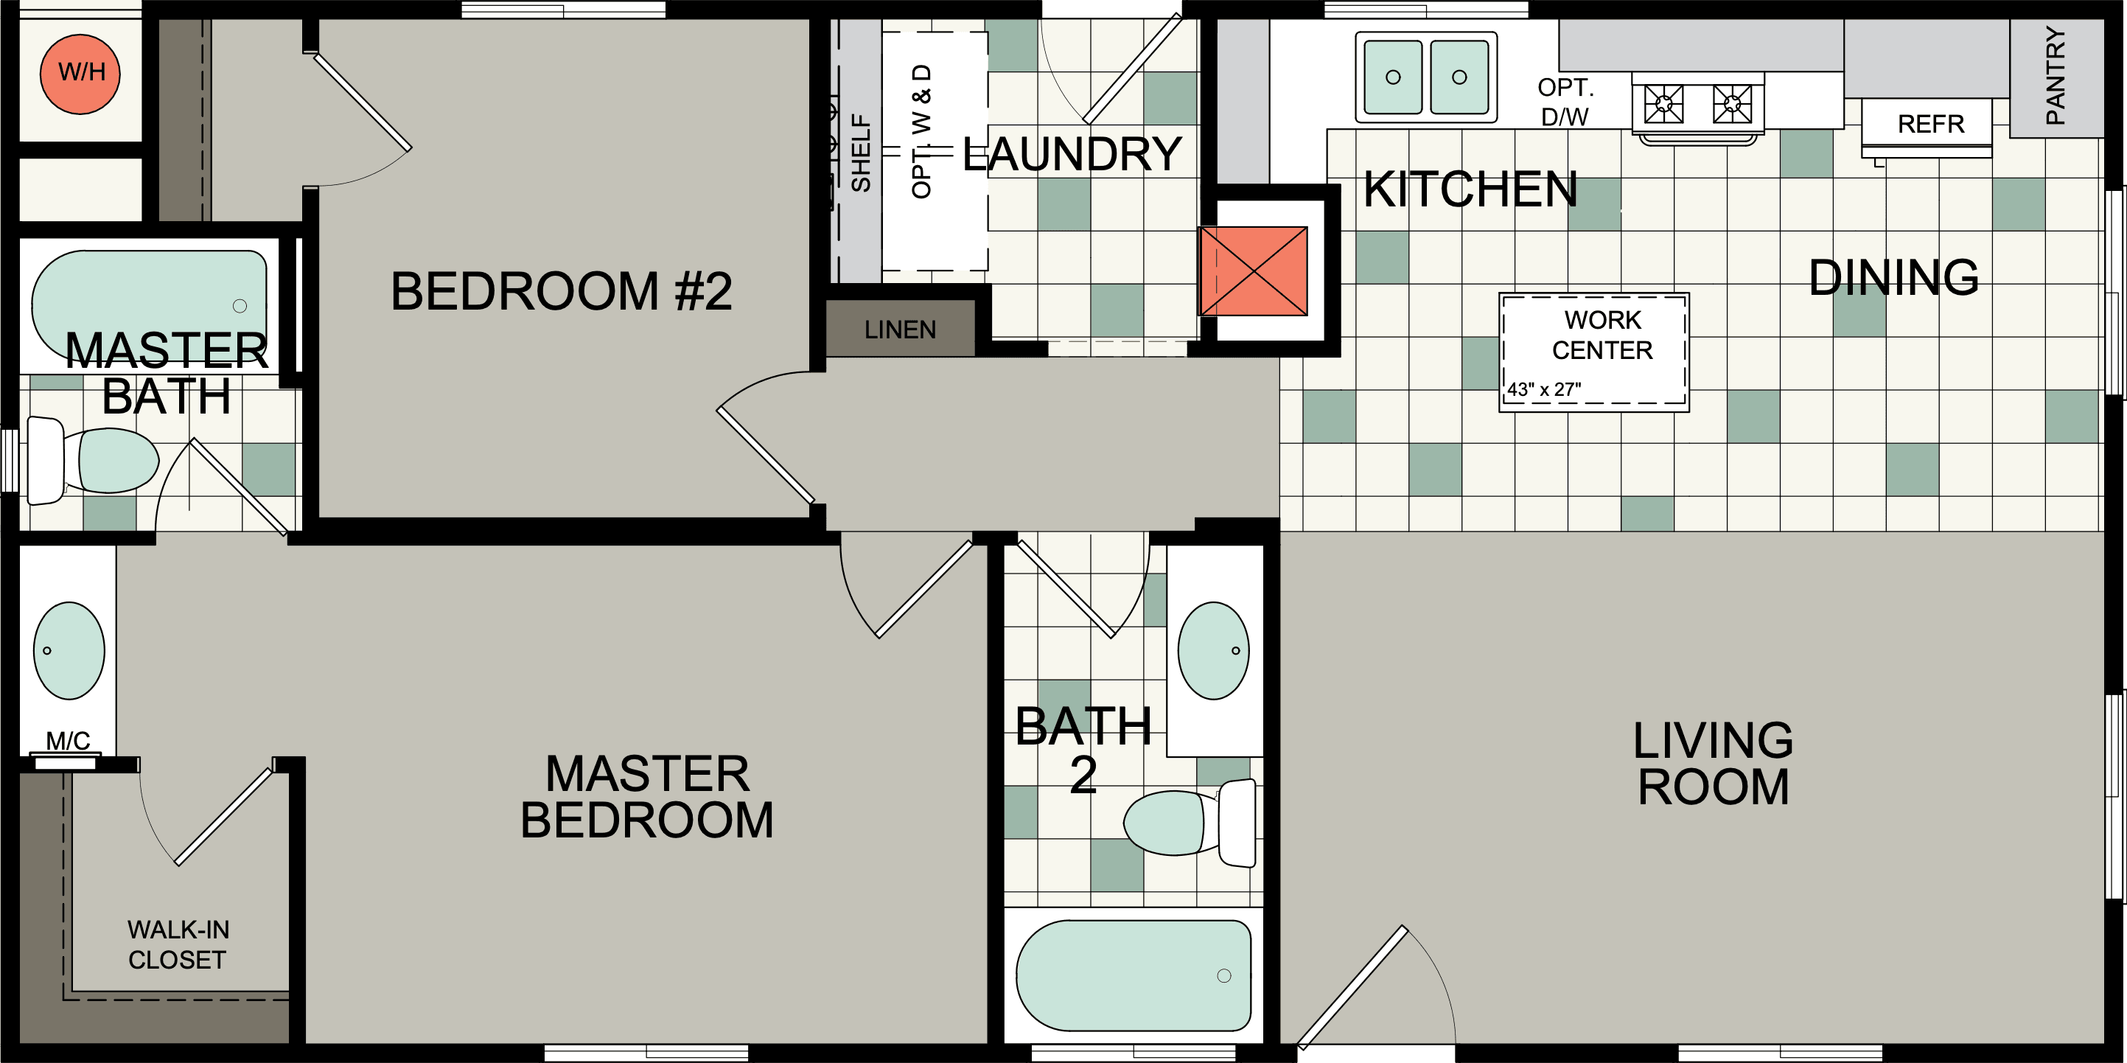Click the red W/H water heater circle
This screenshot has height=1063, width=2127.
[x=80, y=74]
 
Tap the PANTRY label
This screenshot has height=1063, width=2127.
[x=2056, y=75]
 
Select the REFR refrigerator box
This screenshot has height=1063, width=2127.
[x=1930, y=124]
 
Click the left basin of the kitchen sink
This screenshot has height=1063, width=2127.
[x=1392, y=77]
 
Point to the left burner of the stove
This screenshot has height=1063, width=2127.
[x=1663, y=103]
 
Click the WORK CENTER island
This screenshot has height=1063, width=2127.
[x=1593, y=351]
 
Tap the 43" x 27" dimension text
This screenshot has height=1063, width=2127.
[x=1543, y=390]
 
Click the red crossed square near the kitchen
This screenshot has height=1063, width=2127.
[x=1253, y=271]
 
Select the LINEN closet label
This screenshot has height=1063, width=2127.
[x=900, y=330]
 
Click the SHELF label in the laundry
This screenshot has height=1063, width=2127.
[x=860, y=153]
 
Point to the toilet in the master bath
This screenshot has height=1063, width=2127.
[x=99, y=461]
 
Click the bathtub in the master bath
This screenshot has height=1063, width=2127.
[x=149, y=302]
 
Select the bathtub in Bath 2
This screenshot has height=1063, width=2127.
[x=1134, y=975]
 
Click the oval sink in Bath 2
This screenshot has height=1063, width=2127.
[x=1213, y=651]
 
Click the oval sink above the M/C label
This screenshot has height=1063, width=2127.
[x=69, y=651]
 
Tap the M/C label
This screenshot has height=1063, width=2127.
[x=68, y=740]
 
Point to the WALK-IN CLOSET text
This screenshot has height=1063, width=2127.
[x=178, y=945]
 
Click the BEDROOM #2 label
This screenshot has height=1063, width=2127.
[x=561, y=292]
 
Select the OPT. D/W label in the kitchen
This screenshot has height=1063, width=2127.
[x=1565, y=102]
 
